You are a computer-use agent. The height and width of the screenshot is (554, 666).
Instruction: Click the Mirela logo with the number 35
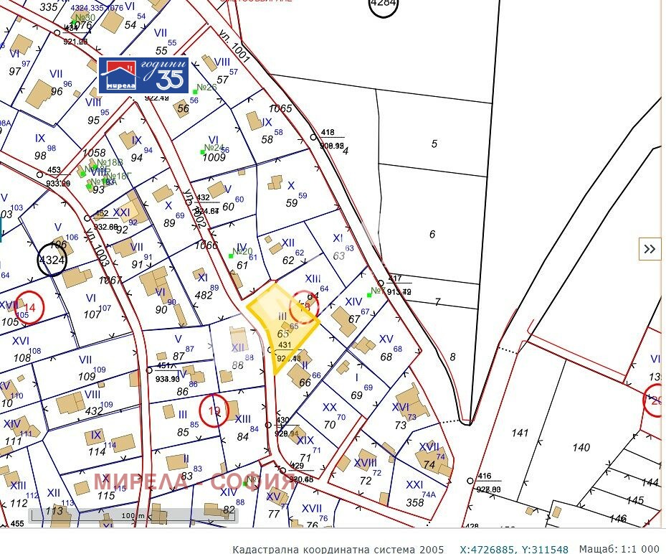[143, 75]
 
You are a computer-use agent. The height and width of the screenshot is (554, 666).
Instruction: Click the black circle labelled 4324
[52, 260]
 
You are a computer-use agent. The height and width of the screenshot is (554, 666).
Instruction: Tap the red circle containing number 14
[29, 307]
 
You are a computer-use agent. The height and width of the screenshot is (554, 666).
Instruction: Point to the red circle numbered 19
[214, 411]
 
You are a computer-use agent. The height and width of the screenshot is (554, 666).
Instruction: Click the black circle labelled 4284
[383, 4]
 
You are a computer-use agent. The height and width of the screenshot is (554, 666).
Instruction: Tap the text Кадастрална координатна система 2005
[338, 549]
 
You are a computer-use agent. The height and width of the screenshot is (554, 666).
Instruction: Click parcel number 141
[520, 433]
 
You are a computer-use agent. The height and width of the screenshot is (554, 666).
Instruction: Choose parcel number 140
[581, 447]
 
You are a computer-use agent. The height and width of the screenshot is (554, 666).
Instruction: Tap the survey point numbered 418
[313, 136]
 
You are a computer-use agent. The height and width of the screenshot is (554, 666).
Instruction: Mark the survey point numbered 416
[471, 480]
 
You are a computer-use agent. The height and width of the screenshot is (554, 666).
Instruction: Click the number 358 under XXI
[415, 502]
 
